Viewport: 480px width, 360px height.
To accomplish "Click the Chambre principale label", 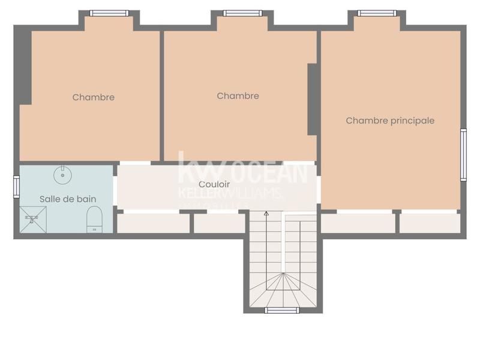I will point(390,121).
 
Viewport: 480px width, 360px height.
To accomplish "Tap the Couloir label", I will point(214,184).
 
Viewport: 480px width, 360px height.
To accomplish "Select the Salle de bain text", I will point(68,199).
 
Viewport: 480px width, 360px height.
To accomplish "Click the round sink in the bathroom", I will point(63,176).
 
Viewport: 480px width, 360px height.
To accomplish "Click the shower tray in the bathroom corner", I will point(33,220).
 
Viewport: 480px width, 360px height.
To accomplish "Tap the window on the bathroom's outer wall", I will point(17,187).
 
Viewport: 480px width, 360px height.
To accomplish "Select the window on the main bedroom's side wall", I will point(463,155).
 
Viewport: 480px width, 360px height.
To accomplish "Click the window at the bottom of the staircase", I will point(282,310).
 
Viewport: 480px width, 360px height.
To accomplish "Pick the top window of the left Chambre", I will point(109,13).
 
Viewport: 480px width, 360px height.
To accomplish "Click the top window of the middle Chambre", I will point(242,13).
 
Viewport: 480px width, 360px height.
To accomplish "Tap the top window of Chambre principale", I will point(377,13).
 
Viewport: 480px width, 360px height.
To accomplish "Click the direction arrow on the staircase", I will point(266,214).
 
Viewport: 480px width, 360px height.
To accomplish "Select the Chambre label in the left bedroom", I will point(94,97).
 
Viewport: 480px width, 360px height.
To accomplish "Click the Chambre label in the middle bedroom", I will point(238,96).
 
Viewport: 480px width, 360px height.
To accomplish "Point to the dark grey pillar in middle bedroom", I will point(313,99).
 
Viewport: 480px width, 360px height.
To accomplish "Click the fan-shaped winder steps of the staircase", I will point(282,291).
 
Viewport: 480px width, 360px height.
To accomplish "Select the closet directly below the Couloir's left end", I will point(153,223).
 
